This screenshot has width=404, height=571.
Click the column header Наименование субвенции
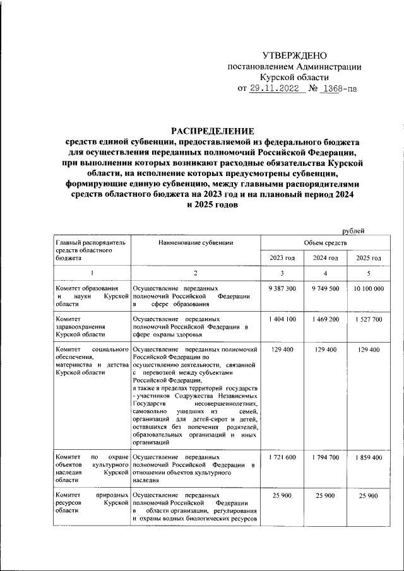196,242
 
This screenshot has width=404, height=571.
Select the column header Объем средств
325,242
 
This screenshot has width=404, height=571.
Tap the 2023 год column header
282,258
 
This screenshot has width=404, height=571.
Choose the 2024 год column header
325,258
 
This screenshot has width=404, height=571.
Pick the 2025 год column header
369,258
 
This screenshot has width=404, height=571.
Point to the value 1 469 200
325,320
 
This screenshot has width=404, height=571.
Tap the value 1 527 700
369,320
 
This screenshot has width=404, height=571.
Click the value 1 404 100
282,320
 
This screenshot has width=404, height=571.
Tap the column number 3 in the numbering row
282,273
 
